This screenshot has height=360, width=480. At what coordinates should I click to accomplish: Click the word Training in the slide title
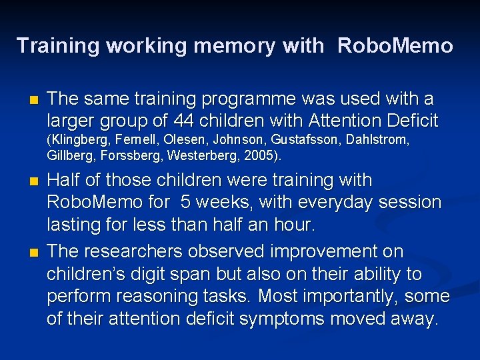pyautogui.click(x=57, y=46)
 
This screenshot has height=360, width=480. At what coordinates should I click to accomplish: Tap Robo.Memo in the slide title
pyautogui.click(x=395, y=46)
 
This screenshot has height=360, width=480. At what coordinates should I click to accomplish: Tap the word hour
pyautogui.click(x=295, y=225)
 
